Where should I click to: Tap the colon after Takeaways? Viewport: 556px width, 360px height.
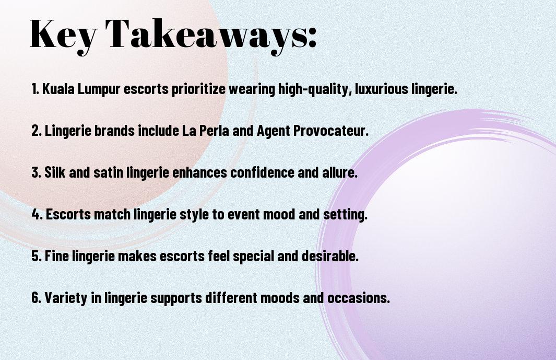point(312,37)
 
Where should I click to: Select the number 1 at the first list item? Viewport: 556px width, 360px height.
point(34,89)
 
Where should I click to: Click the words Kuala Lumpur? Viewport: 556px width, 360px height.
point(81,89)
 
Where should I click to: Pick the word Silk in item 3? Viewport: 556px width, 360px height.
point(55,172)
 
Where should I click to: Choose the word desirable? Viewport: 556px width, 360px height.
point(330,256)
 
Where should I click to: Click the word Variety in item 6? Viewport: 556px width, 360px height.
point(66,297)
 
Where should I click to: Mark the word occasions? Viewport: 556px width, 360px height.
point(359,297)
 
